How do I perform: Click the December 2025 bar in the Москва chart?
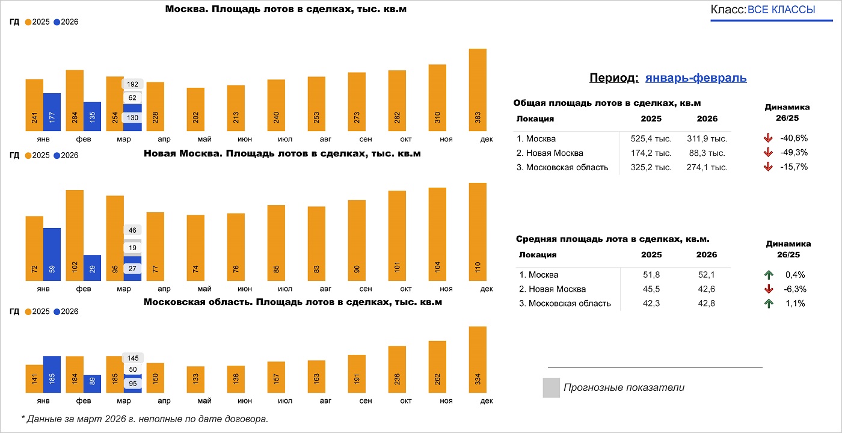[x=478, y=90]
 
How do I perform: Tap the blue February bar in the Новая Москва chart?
[x=92, y=268]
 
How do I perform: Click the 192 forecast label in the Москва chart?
[x=132, y=84]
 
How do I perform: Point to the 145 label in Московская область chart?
[x=132, y=358]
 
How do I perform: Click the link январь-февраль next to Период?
[x=696, y=78]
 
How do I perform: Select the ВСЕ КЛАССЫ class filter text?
[x=781, y=10]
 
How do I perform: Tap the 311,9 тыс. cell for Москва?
[x=707, y=138]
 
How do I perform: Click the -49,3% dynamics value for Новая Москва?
[x=793, y=153]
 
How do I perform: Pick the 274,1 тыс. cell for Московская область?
[x=707, y=167]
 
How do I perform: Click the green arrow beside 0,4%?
[x=768, y=275]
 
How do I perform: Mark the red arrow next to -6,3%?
[x=768, y=289]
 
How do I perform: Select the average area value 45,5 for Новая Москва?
[x=651, y=289]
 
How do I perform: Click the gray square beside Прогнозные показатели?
[x=551, y=388]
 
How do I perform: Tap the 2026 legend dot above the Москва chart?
[x=57, y=22]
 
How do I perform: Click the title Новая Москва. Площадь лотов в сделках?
[x=282, y=154]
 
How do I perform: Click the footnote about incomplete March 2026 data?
[x=144, y=419]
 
